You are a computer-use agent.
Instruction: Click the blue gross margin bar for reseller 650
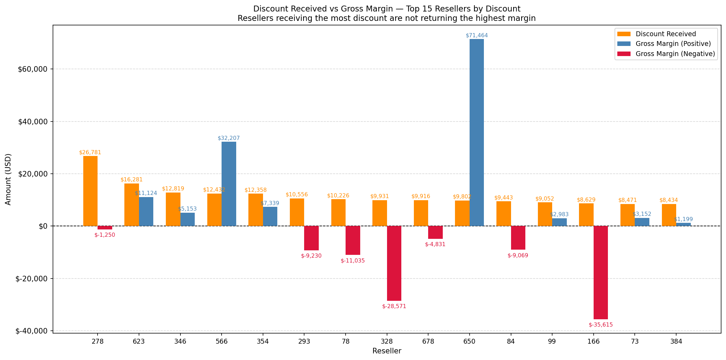click(x=477, y=132)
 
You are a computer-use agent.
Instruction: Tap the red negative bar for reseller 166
click(x=601, y=272)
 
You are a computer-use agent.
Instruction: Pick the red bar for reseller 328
click(x=394, y=263)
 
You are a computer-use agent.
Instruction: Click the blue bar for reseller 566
click(x=229, y=184)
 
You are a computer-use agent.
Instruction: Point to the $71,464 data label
click(x=477, y=36)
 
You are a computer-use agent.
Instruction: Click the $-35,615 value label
click(x=601, y=325)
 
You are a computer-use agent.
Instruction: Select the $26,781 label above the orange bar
click(x=90, y=152)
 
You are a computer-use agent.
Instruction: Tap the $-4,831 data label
click(x=435, y=244)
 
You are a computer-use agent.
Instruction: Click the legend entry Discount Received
click(x=665, y=34)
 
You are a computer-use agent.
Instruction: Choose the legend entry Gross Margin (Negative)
click(x=675, y=54)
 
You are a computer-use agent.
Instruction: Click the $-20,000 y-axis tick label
click(x=31, y=279)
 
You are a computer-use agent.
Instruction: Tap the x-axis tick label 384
click(x=676, y=342)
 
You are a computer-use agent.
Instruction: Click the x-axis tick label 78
click(x=346, y=342)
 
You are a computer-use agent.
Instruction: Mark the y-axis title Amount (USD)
click(x=8, y=179)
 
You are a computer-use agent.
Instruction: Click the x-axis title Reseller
click(x=387, y=351)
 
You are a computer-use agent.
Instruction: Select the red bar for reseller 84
click(x=518, y=238)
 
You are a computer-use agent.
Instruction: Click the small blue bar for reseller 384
click(x=683, y=225)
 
